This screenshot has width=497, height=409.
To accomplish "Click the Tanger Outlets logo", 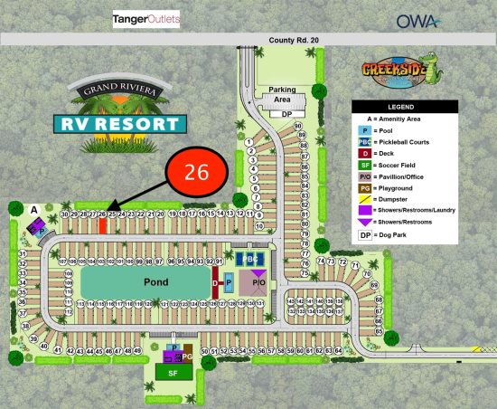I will (x=146, y=19).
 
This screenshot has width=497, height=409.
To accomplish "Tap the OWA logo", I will (x=418, y=20).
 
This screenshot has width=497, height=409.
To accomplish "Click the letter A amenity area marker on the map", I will (x=33, y=210).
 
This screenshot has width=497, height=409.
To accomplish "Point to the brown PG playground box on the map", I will (x=188, y=357).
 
